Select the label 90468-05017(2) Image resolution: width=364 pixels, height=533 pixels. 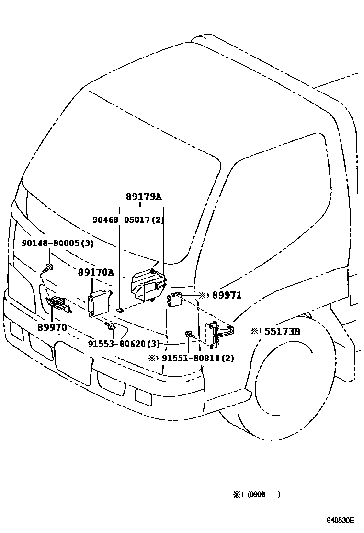click(128, 220)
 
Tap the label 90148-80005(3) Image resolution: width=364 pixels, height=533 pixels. click(57, 243)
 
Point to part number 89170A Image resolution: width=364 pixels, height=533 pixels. click(96, 273)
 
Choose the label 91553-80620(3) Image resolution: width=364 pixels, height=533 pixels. click(124, 344)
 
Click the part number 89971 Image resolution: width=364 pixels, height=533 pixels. click(226, 296)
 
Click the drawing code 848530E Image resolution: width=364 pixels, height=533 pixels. click(341, 520)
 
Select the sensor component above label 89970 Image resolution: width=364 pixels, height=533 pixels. click(57, 303)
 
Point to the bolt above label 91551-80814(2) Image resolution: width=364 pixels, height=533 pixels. click(190, 335)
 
